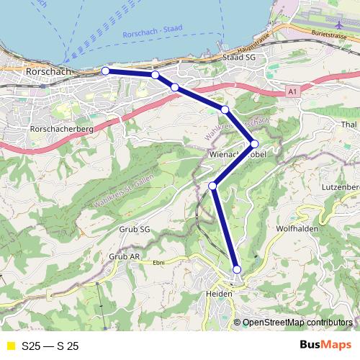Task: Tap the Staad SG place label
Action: coord(240,57)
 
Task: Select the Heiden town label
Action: coord(219,295)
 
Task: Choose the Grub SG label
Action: coord(135,230)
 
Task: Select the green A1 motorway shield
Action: coord(291,91)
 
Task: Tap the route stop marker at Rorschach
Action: coord(105,71)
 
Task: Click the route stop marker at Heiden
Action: coord(237,269)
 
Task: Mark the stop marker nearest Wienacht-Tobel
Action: coord(254,143)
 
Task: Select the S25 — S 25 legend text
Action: coord(50,346)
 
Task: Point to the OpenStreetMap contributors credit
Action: coord(297,323)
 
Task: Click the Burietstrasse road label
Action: coord(332,34)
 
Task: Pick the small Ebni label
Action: coord(158,263)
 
